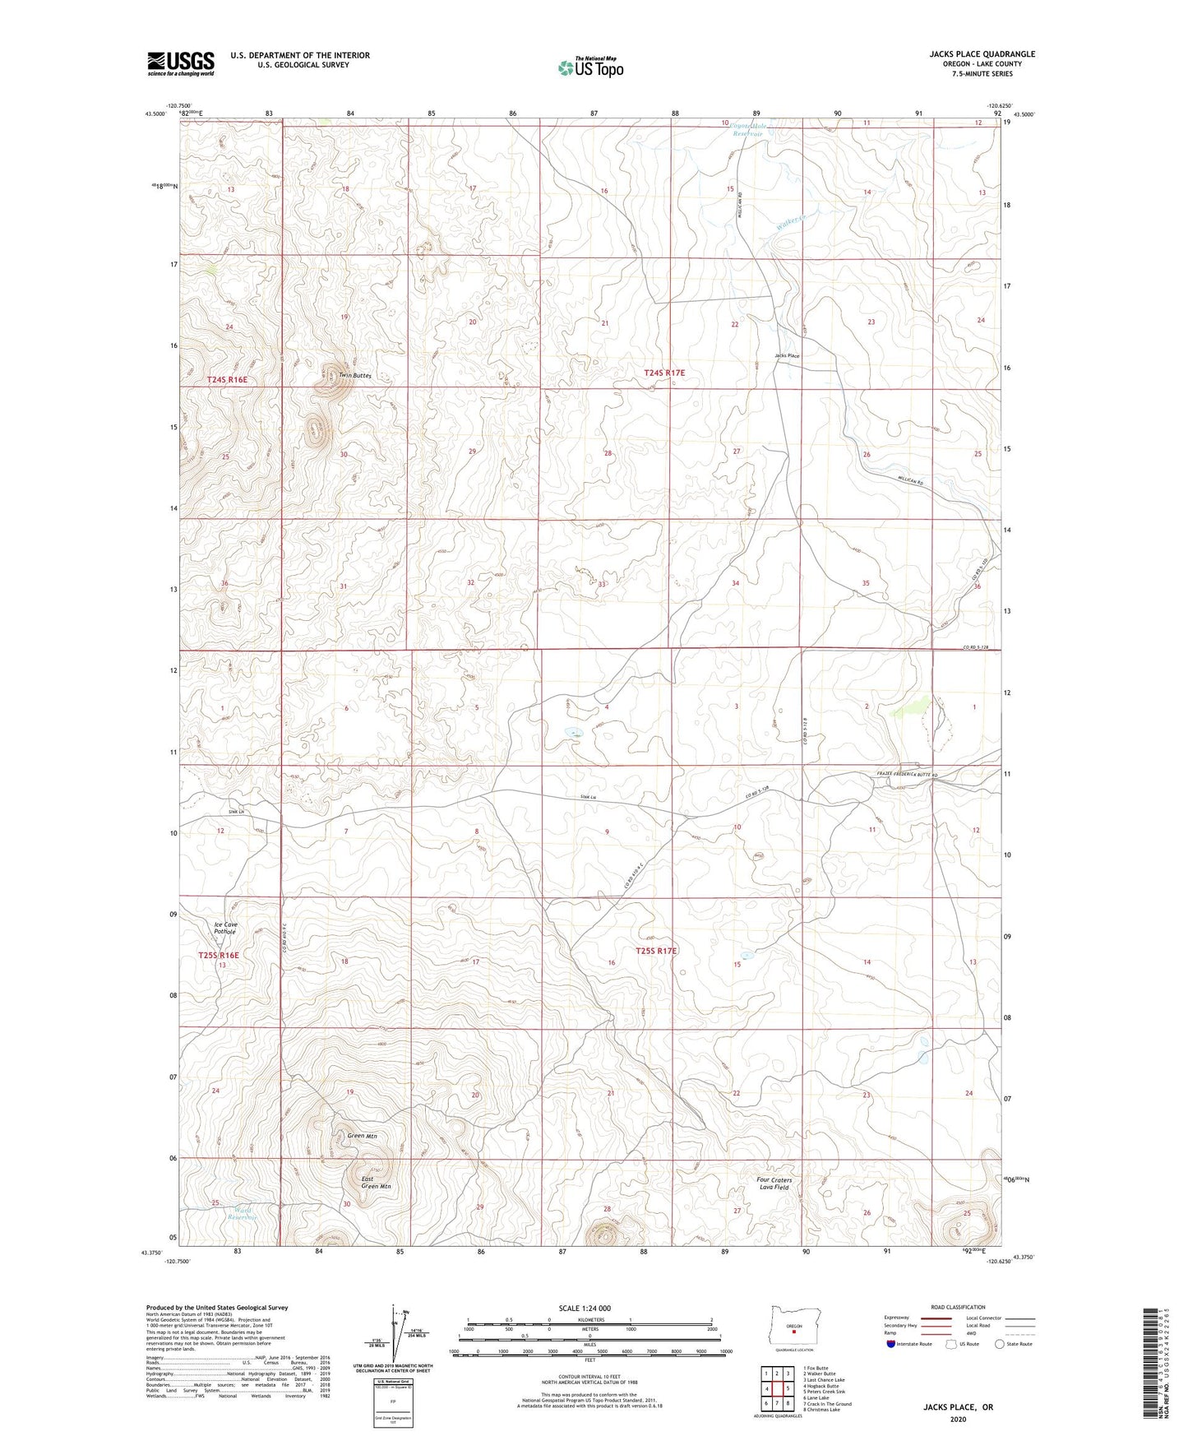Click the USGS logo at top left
(181, 63)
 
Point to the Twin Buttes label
(355, 376)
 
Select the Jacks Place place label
(786, 356)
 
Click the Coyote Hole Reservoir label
(748, 128)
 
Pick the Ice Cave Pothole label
(225, 928)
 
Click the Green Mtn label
(362, 1136)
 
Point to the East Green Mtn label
(376, 1183)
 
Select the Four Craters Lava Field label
(774, 1184)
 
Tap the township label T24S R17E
(663, 373)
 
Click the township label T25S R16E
(219, 955)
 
